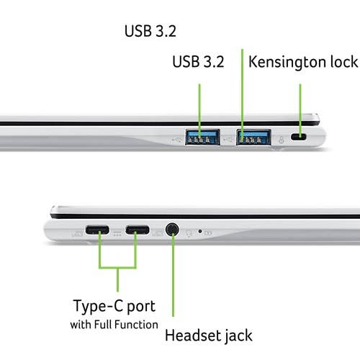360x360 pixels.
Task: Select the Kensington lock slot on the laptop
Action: [299, 137]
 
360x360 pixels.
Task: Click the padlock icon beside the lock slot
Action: [282, 140]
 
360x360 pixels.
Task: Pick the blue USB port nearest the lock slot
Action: [253, 137]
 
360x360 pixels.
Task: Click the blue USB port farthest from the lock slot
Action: [202, 137]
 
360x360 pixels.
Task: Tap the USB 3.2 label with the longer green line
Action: [150, 31]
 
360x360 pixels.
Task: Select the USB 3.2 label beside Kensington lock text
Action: [198, 61]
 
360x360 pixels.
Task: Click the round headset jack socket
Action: [172, 230]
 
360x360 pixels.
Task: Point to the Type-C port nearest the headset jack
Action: [138, 230]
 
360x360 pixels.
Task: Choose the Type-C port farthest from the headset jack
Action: [97, 230]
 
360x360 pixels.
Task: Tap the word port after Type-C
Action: [141, 307]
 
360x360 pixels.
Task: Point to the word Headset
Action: [194, 336]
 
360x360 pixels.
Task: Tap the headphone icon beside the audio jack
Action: [189, 233]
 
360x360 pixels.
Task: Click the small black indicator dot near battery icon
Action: [200, 231]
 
